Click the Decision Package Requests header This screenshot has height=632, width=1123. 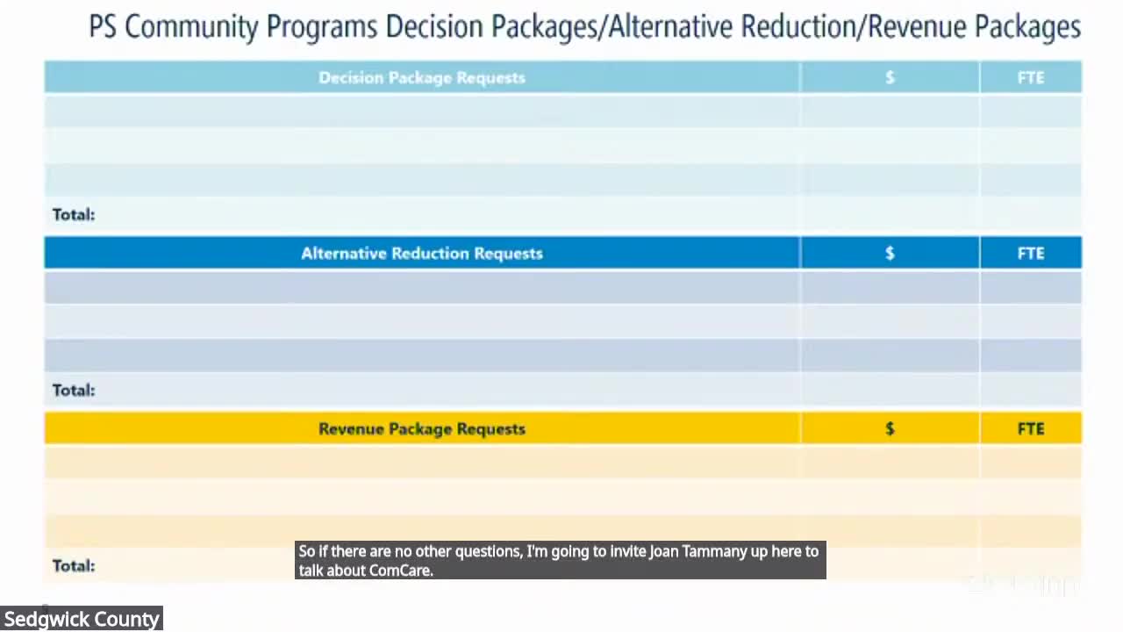coord(421,77)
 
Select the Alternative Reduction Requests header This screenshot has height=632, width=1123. coord(421,253)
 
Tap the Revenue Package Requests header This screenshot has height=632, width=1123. coord(421,428)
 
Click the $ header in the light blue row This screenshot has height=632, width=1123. coord(890,77)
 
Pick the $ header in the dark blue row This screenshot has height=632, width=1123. coord(890,253)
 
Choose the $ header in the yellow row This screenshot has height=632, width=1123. coord(890,428)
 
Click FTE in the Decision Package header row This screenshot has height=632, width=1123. coord(1031,77)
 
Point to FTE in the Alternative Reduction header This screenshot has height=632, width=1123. coord(1031,253)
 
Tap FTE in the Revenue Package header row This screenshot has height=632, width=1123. coord(1031,428)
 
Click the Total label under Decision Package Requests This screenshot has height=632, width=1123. coord(74,214)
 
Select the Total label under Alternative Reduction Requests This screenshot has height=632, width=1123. coord(74,390)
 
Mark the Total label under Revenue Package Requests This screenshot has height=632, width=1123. coord(74,565)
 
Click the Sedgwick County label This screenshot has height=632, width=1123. coord(82,619)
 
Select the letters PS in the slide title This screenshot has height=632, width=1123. coord(103,27)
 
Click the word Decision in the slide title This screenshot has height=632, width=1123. coord(435,27)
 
